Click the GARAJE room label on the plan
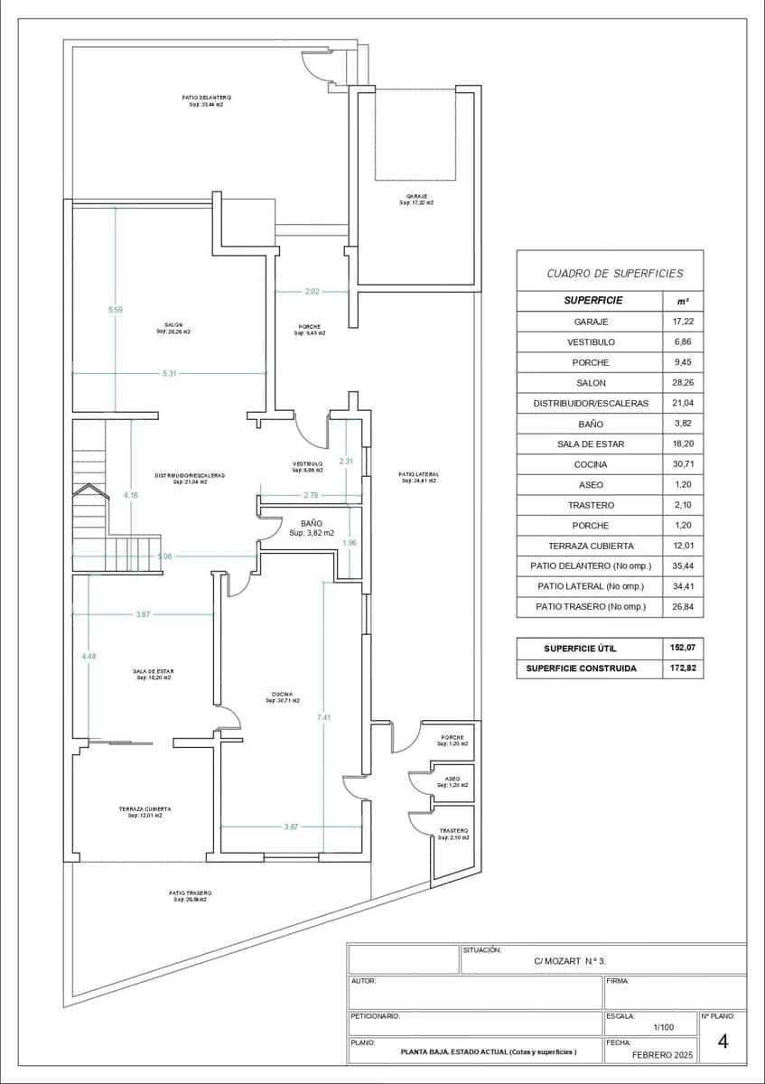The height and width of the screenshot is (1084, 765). [x=416, y=197]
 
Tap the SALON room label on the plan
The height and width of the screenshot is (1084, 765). [x=173, y=325]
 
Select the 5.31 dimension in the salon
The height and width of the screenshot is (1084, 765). [x=169, y=373]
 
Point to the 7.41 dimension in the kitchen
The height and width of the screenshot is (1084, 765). [x=323, y=717]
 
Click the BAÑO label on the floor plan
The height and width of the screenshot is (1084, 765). [x=312, y=523]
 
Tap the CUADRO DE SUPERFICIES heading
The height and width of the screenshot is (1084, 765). [x=615, y=273]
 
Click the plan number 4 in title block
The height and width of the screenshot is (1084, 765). [x=723, y=1042]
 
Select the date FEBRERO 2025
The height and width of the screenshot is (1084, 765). [x=662, y=1054]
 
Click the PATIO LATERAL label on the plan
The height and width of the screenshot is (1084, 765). [x=418, y=474]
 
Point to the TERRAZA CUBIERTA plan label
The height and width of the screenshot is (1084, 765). [x=145, y=809]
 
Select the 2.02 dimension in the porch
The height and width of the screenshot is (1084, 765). [x=312, y=292]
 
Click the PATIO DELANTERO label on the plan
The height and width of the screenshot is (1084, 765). [x=206, y=98]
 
